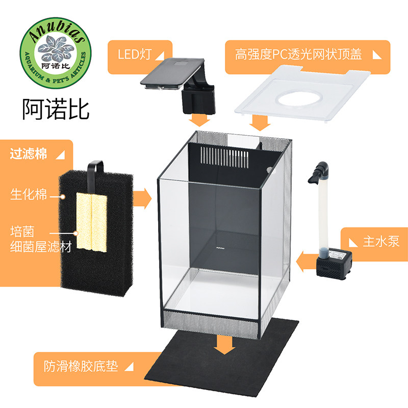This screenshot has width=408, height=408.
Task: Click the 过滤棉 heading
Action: coord(29,154)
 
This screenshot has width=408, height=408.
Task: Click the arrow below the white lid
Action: coord(261,122)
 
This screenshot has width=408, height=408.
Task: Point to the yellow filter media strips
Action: coord(92,223)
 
